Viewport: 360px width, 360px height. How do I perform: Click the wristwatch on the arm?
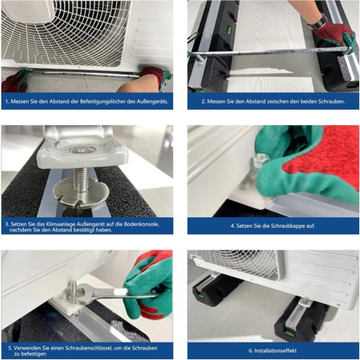tap(319, 22)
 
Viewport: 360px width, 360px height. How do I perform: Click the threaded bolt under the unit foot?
tap(81, 179)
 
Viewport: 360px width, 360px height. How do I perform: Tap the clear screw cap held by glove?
tap(260, 160)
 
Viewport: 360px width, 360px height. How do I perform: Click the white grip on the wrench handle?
tap(120, 292)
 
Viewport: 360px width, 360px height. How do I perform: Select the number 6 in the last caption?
tap(250, 351)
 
